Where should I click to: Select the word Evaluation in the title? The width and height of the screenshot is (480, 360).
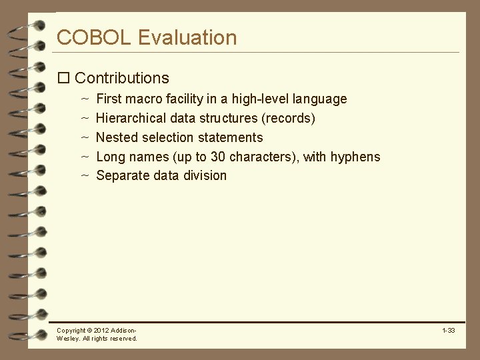[187, 37]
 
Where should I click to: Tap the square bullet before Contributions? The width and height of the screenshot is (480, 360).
[64, 78]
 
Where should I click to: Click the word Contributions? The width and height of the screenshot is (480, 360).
[122, 78]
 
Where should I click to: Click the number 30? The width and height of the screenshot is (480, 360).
[218, 157]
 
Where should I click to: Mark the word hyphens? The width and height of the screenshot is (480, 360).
[357, 157]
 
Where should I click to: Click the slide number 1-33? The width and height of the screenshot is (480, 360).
[448, 331]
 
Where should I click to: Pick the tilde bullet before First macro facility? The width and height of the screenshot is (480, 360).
[85, 99]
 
